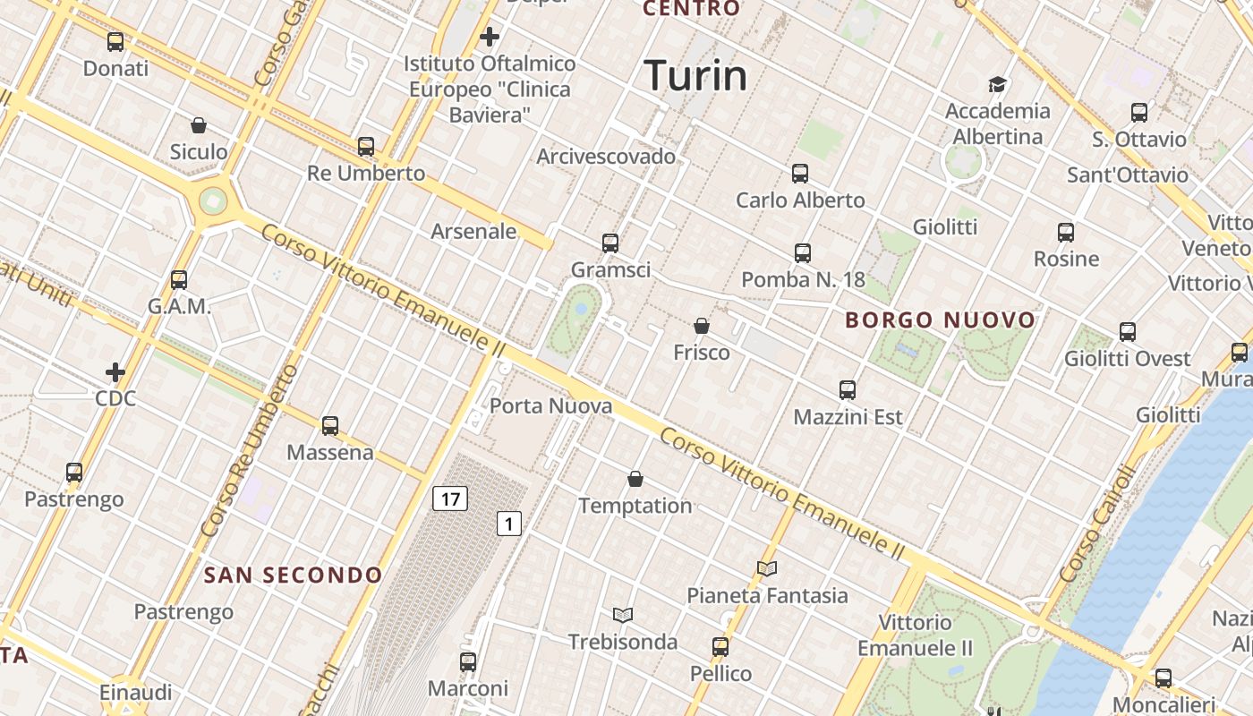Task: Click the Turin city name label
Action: click(x=695, y=75)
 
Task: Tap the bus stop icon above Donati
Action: click(x=115, y=41)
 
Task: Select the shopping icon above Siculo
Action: click(x=199, y=125)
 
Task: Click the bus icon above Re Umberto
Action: click(x=365, y=146)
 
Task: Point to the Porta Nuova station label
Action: click(x=550, y=405)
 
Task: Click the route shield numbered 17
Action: click(x=450, y=498)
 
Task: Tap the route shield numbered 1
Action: click(x=508, y=524)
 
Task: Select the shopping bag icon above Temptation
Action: click(x=635, y=479)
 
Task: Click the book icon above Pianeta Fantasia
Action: click(x=767, y=568)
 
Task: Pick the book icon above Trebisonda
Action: click(x=623, y=615)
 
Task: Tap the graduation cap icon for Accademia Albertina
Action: click(x=997, y=84)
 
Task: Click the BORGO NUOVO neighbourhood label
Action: click(x=940, y=320)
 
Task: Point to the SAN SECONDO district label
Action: click(x=293, y=575)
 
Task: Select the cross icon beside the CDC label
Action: click(x=115, y=371)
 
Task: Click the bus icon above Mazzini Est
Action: click(x=848, y=390)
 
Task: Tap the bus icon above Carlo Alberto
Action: click(x=800, y=174)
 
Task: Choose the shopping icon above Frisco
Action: click(x=702, y=326)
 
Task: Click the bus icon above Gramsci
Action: click(x=610, y=243)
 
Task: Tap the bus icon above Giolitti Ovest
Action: click(x=1127, y=332)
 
